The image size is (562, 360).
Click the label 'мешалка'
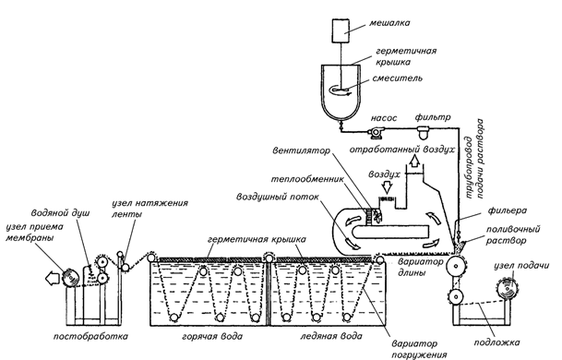pos(389,23)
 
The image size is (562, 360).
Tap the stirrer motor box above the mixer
pos(341,30)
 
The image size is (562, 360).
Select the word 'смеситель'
pos(397,78)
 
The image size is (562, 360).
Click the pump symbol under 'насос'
pos(376,133)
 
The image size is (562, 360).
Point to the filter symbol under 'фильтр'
pos(424,132)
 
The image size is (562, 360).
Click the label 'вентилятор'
pos(301,150)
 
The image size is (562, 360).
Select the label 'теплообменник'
pos(307,178)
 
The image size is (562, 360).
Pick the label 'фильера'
pos(508,210)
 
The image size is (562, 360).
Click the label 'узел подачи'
pos(521,266)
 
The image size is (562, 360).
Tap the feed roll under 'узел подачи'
pos(508,288)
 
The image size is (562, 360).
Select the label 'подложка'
pos(496,342)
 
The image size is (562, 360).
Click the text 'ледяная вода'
pos(331,336)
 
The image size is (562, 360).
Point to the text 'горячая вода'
pos(212,336)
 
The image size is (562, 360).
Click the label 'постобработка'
pos(90,336)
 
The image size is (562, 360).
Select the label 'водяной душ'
pos(61,213)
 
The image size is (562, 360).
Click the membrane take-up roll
pos(71,278)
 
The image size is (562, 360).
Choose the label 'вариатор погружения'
pos(419,349)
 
